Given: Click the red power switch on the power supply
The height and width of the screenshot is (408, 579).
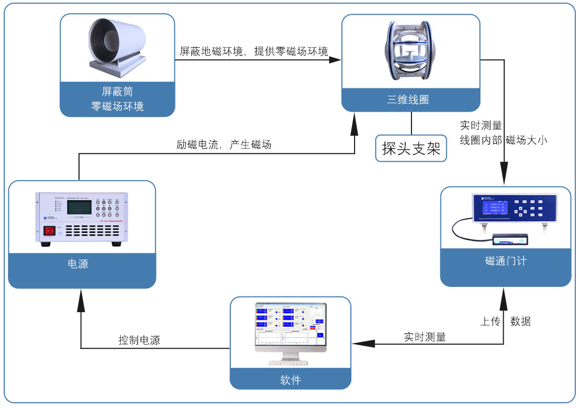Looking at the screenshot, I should pos(50,231).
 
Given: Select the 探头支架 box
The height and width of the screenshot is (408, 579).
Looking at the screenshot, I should pos(411,149).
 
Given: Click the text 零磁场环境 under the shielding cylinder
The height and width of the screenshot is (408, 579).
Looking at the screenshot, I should pos(117,106).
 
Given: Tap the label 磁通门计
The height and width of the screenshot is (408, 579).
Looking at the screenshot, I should pos(505,261).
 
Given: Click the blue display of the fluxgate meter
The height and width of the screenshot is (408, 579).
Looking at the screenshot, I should pos(491,207).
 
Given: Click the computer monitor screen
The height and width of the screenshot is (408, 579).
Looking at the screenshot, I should pos(290,326).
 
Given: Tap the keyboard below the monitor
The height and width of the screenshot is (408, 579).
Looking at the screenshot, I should pos(290,363).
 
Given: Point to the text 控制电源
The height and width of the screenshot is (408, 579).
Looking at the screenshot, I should pos(139,340).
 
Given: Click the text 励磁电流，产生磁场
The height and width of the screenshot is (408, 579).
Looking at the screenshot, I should pos(224,144).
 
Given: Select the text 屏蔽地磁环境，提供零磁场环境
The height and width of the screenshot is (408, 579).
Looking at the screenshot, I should pos(253,51).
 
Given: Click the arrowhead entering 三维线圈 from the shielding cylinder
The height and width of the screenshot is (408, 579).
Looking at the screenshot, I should pos(335,60).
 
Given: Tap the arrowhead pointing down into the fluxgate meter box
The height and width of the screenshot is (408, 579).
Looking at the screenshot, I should pos(505,179).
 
